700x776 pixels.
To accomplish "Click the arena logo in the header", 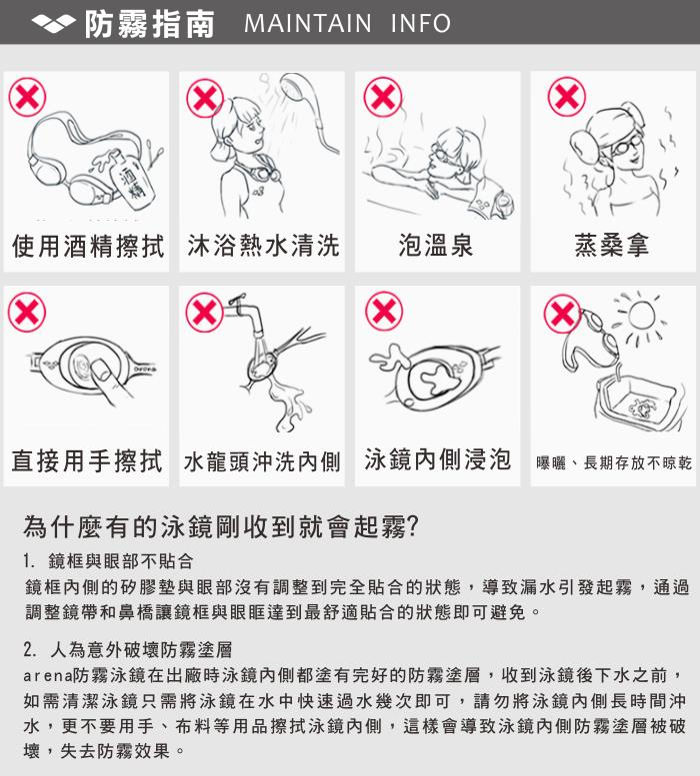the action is tap(54, 23).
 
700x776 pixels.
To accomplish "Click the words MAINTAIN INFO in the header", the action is tap(348, 23).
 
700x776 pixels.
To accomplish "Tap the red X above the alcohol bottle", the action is tap(27, 97).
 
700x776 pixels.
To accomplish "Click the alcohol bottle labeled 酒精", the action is tap(129, 177).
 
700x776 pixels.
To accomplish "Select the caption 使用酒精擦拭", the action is tap(88, 246).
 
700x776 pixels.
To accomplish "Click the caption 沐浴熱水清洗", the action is tap(263, 246).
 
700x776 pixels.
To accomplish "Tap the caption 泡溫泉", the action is tap(436, 245).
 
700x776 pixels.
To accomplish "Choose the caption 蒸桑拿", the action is tap(612, 245).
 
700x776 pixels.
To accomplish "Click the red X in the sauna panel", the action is tap(567, 97).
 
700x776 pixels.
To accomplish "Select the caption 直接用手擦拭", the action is tap(87, 461).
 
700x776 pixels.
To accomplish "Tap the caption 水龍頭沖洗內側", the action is tap(262, 462).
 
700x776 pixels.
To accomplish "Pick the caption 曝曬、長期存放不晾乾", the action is tap(614, 463).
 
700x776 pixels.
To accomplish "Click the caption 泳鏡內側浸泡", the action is tap(437, 459).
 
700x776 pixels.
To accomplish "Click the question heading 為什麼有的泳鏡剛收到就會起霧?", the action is tap(221, 526).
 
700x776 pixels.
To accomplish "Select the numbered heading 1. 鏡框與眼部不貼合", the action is tap(108, 561).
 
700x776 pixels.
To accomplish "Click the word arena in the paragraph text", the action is tap(48, 675).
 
